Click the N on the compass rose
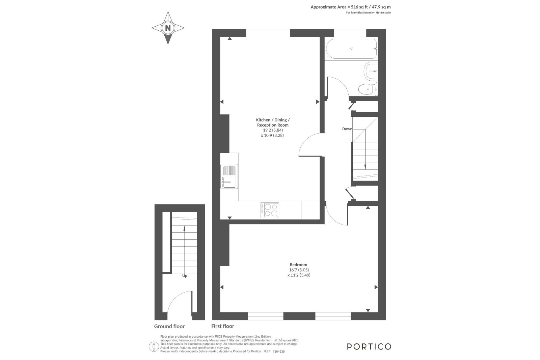point(168,28)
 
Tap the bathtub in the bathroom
point(351,49)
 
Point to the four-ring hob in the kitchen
point(270,210)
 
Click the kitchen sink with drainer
point(229,176)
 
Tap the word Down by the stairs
point(347,129)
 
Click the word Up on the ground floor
point(185,276)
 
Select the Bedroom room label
point(298,265)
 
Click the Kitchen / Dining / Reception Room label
point(273,122)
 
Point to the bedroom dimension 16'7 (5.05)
point(299,270)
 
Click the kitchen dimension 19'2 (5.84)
point(273,130)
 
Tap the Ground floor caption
point(169,327)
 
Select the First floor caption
point(223,326)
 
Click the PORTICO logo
point(369,347)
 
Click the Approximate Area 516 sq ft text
point(351,7)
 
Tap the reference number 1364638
point(279,352)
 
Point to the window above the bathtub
point(350,33)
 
